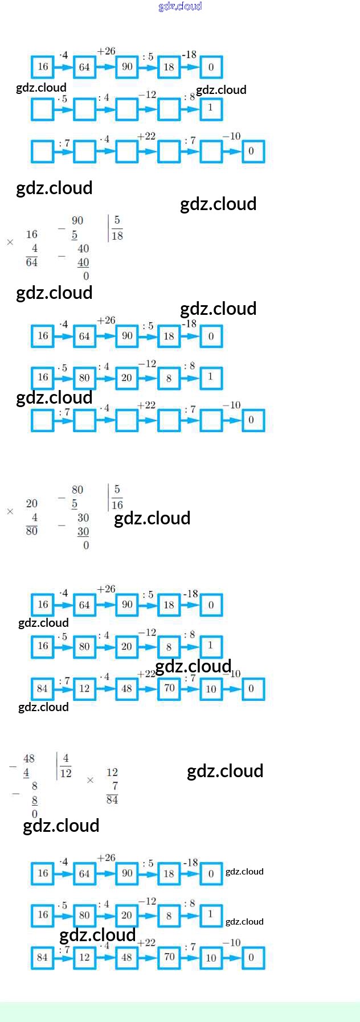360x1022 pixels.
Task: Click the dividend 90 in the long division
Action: click(77, 220)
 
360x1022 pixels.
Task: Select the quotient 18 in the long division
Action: click(117, 236)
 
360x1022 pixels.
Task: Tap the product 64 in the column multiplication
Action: click(32, 262)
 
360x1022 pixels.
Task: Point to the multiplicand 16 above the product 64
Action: click(32, 234)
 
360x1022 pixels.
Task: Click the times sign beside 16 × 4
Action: click(10, 242)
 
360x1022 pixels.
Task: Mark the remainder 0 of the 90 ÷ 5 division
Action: click(86, 276)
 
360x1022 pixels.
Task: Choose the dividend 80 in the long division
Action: click(77, 490)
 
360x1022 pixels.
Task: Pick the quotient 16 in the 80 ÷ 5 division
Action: click(117, 505)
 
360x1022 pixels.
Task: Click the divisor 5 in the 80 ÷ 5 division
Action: click(117, 489)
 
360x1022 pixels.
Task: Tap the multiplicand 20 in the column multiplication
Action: click(32, 503)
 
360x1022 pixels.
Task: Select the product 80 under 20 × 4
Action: click(32, 531)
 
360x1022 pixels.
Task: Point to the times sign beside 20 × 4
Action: click(10, 511)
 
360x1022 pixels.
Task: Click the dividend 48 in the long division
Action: click(29, 758)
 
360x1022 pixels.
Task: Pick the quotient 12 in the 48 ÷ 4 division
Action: click(66, 773)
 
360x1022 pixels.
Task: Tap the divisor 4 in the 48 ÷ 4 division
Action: click(66, 758)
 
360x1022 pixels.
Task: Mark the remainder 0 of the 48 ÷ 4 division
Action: click(35, 814)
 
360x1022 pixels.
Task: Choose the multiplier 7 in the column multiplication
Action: click(115, 786)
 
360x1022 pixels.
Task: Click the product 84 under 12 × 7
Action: click(112, 799)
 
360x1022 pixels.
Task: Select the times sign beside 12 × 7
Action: click(90, 780)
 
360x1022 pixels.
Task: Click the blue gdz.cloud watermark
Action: click(180, 6)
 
